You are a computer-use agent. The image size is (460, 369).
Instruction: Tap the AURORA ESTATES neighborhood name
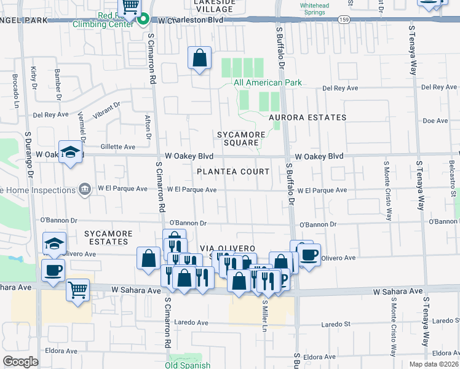tap(307, 117)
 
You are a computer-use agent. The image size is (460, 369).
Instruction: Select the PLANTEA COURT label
tap(233, 172)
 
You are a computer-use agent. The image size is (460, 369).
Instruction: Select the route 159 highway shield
tap(343, 20)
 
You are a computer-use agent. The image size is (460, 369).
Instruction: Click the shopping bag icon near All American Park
tap(199, 58)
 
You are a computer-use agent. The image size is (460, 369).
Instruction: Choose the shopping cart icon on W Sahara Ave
tap(78, 290)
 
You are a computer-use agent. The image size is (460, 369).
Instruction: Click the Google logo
tap(20, 362)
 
